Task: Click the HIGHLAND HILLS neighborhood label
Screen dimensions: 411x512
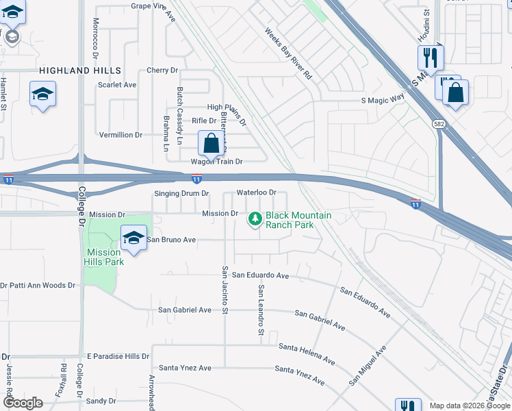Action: [x=80, y=71]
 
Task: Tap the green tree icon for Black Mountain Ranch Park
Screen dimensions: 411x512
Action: [x=255, y=219]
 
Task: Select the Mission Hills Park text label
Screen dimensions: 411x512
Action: [x=104, y=257]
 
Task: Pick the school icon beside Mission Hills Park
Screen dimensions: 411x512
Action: [x=134, y=238]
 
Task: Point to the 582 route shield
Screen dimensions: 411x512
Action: [x=439, y=123]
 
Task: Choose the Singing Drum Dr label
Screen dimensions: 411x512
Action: [x=181, y=194]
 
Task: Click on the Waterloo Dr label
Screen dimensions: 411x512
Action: [x=256, y=193]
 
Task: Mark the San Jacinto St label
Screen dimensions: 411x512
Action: [x=224, y=289]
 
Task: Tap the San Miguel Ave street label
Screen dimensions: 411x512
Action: [x=367, y=364]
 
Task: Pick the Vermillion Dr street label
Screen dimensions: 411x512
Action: [x=120, y=136]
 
